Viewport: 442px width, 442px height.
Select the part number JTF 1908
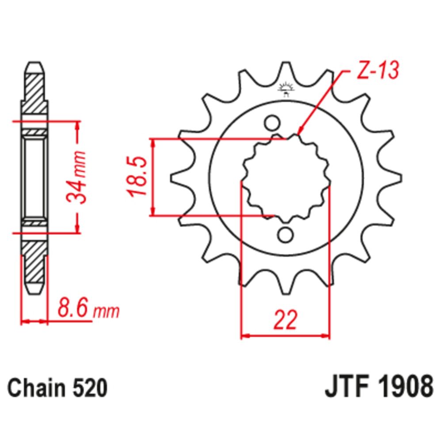click(x=378, y=388)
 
